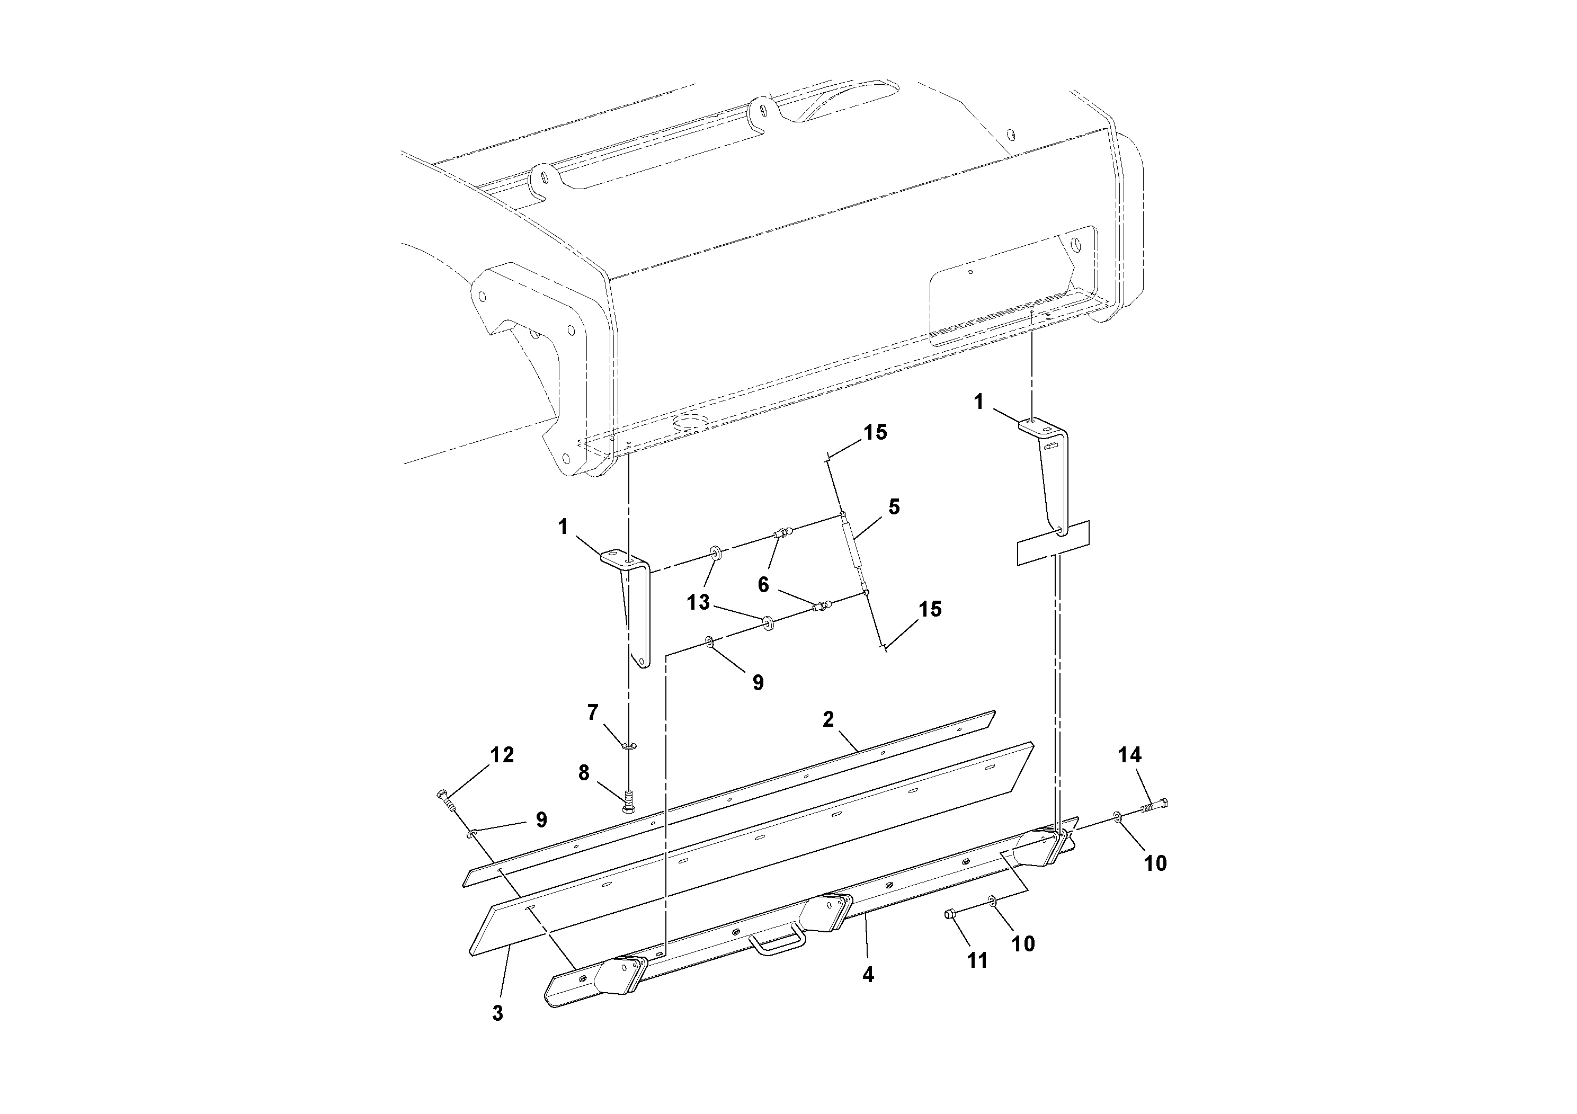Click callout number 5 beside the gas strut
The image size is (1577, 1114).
(x=894, y=507)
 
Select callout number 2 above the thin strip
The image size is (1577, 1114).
(x=828, y=720)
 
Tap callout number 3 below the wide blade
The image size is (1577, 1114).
(x=497, y=1013)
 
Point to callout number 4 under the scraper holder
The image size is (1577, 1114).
(x=868, y=974)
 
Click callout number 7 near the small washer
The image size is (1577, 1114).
(x=593, y=713)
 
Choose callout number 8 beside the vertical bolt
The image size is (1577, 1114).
(x=584, y=773)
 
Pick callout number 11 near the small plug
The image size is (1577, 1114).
(x=977, y=960)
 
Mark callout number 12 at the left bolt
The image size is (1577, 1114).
(x=502, y=755)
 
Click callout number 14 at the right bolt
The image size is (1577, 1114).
(x=1130, y=755)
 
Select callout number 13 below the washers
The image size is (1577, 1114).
(x=699, y=603)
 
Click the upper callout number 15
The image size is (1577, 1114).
(x=875, y=432)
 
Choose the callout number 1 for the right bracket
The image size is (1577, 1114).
(x=979, y=402)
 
